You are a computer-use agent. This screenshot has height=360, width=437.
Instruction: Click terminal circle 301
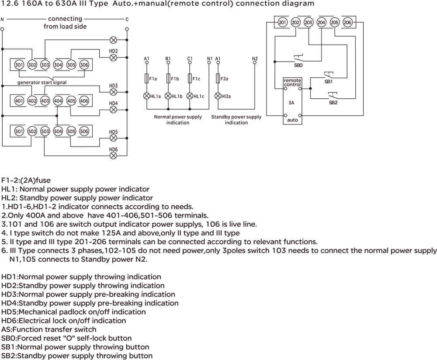click(x=19, y=65)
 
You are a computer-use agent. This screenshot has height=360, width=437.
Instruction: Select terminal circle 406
click(x=84, y=100)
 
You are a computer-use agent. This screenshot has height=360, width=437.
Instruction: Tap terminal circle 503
click(x=45, y=131)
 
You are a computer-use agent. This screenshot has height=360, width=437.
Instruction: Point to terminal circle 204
click(x=321, y=22)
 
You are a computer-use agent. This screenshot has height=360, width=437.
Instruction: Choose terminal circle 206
click(x=347, y=22)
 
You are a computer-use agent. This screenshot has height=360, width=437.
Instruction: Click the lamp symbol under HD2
click(x=113, y=58)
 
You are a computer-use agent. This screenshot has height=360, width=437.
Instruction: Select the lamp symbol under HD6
click(x=113, y=156)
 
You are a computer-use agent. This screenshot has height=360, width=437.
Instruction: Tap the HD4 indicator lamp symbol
click(x=113, y=110)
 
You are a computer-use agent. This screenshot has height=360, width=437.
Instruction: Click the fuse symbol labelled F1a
click(x=147, y=79)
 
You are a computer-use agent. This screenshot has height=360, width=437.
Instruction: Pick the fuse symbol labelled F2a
click(x=218, y=79)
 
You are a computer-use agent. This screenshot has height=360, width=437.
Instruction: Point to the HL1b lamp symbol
click(x=168, y=96)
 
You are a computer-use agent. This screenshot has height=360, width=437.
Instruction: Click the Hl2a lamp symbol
click(x=218, y=96)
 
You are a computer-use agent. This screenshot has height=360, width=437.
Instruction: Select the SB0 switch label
click(x=298, y=65)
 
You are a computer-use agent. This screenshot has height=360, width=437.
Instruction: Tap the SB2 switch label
click(x=333, y=103)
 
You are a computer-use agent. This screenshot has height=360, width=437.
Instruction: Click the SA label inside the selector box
click(x=291, y=103)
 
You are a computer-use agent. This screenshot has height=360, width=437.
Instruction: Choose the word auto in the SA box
click(x=292, y=120)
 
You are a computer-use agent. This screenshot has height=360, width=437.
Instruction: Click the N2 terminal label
click(x=255, y=59)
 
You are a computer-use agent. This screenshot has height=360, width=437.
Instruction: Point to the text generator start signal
click(x=42, y=83)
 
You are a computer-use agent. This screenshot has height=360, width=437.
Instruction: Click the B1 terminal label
click(x=168, y=59)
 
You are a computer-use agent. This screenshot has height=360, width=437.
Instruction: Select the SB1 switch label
click(x=329, y=82)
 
